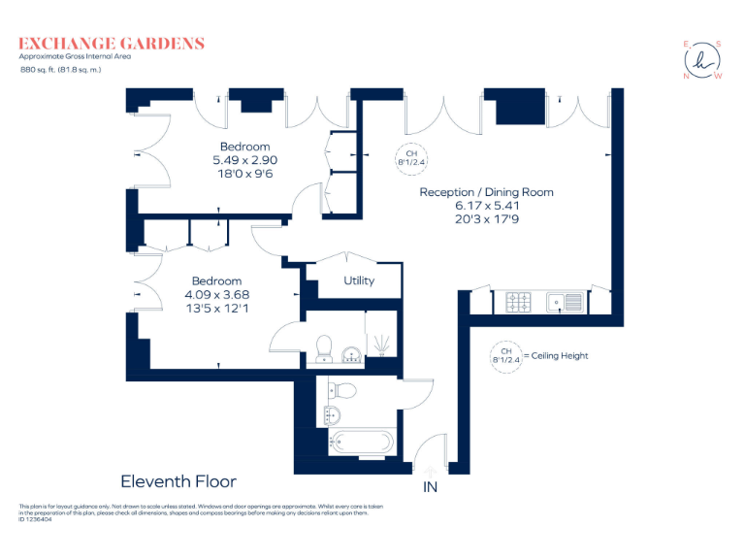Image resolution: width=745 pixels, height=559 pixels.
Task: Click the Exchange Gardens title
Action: tap(112, 44)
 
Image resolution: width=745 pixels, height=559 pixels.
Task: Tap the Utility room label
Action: tap(359, 280)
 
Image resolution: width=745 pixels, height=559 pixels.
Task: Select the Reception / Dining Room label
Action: tap(487, 192)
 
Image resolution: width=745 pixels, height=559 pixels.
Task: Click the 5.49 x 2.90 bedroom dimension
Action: tap(245, 160)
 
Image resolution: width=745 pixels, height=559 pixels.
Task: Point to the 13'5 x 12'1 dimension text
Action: tap(217, 309)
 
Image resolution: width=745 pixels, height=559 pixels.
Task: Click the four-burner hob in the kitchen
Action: tap(518, 302)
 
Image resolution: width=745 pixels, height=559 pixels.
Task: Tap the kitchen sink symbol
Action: tap(565, 303)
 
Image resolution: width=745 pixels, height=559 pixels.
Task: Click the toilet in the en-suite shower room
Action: tap(324, 348)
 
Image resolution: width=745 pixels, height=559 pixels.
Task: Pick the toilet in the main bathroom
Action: tap(342, 391)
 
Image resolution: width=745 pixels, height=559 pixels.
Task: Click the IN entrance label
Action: tap(430, 487)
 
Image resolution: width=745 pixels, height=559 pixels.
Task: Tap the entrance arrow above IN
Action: tap(430, 472)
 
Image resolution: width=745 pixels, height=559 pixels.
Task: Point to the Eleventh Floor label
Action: tap(178, 481)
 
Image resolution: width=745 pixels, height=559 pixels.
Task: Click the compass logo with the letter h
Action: tap(702, 60)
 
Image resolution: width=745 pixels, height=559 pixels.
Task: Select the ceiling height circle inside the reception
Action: tap(411, 158)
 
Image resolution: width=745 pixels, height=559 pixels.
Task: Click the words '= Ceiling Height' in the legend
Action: tap(556, 355)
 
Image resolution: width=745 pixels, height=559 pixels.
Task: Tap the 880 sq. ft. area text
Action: tap(60, 70)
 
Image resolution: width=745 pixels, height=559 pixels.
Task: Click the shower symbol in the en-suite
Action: tap(381, 345)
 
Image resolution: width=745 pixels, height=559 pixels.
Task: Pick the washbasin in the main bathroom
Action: tap(332, 415)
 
